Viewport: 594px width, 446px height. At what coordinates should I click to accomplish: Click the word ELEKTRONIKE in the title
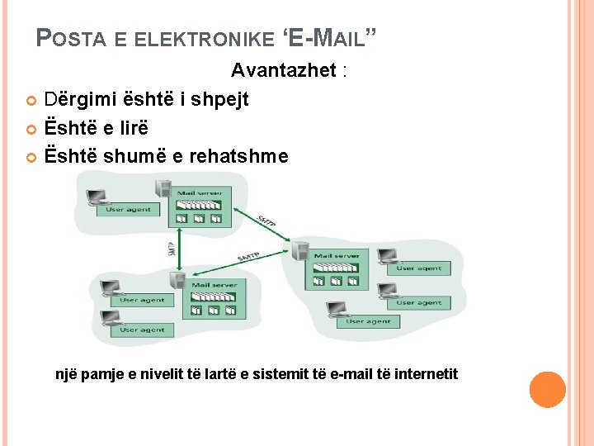tap(204, 39)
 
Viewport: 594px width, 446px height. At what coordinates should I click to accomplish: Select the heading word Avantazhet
tap(283, 70)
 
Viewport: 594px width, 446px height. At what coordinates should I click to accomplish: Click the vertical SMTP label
tap(172, 248)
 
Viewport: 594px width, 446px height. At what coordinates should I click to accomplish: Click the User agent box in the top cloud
tap(128, 210)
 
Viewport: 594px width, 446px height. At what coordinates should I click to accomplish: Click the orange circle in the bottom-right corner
tap(547, 389)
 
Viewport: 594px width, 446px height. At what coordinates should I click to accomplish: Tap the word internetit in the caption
tap(426, 374)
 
